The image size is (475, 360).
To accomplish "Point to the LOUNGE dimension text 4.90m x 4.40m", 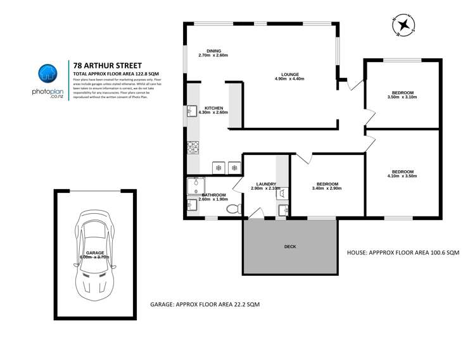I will click(289, 79).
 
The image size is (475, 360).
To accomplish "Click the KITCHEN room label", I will click(213, 108).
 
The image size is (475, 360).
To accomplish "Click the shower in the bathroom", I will click(193, 185).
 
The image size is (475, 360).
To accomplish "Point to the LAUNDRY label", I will click(265, 184).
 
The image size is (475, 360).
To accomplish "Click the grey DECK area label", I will click(290, 247).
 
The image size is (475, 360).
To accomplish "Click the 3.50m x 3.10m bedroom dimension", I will click(403, 98).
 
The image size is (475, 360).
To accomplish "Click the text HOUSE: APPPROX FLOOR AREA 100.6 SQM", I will click(403, 251).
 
